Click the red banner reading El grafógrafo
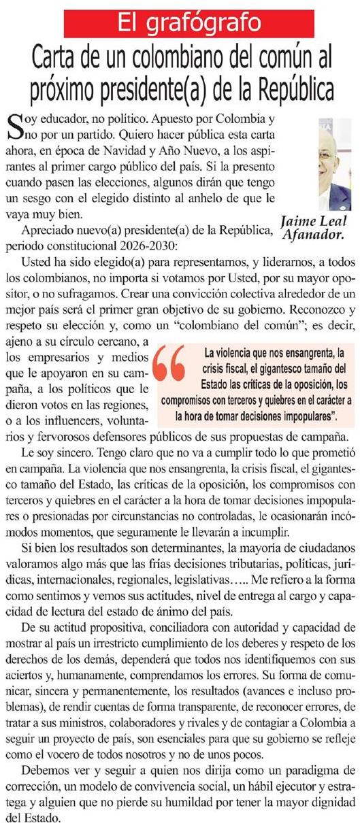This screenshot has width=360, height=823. click(180, 22)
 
